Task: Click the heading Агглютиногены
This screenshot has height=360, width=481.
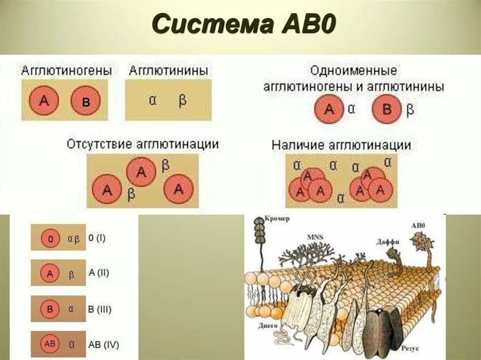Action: [66, 71]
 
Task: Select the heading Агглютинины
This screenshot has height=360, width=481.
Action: [169, 71]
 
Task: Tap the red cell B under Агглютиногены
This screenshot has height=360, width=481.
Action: [85, 101]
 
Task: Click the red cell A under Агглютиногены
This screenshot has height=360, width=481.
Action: [44, 100]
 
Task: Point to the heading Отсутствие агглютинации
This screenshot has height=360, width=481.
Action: [143, 144]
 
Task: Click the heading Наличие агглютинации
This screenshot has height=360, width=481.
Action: [341, 145]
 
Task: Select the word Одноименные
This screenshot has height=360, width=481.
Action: [353, 71]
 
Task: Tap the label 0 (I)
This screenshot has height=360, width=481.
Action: [97, 238]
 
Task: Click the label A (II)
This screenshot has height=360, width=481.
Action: [99, 273]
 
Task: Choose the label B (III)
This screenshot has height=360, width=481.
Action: [100, 309]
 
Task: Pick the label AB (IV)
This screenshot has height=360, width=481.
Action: [104, 345]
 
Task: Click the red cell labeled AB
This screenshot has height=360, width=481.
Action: [49, 344]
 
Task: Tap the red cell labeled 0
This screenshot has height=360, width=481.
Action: [50, 239]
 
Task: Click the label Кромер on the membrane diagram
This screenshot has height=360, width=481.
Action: [278, 219]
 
